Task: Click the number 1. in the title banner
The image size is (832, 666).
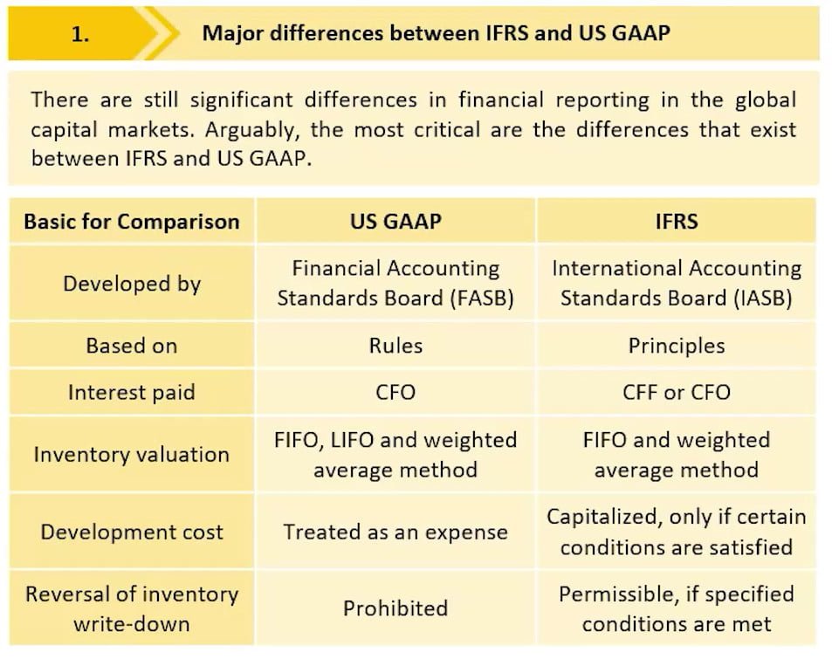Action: click(x=80, y=35)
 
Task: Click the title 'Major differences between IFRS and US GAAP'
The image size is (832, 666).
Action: click(x=437, y=33)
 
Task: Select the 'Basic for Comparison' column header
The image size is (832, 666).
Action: click(x=132, y=222)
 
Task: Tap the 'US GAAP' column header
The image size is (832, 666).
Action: click(x=395, y=222)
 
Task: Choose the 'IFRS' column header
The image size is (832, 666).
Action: click(x=677, y=222)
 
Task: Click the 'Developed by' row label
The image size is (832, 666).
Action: click(x=132, y=284)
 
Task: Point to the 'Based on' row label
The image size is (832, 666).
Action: click(x=132, y=346)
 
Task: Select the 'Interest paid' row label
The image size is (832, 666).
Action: click(x=132, y=393)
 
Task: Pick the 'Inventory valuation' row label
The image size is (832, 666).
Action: click(x=132, y=455)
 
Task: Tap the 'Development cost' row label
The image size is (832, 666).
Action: click(x=132, y=532)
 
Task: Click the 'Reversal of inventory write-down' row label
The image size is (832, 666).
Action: click(x=132, y=608)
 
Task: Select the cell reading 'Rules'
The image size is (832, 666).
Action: click(x=395, y=346)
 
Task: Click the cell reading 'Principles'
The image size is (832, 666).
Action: click(x=677, y=346)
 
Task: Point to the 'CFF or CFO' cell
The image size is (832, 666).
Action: click(x=677, y=393)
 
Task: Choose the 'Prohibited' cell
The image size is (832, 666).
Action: click(x=395, y=608)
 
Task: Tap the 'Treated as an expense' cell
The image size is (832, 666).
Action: click(x=395, y=532)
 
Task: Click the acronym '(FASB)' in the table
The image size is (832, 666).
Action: click(x=482, y=299)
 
